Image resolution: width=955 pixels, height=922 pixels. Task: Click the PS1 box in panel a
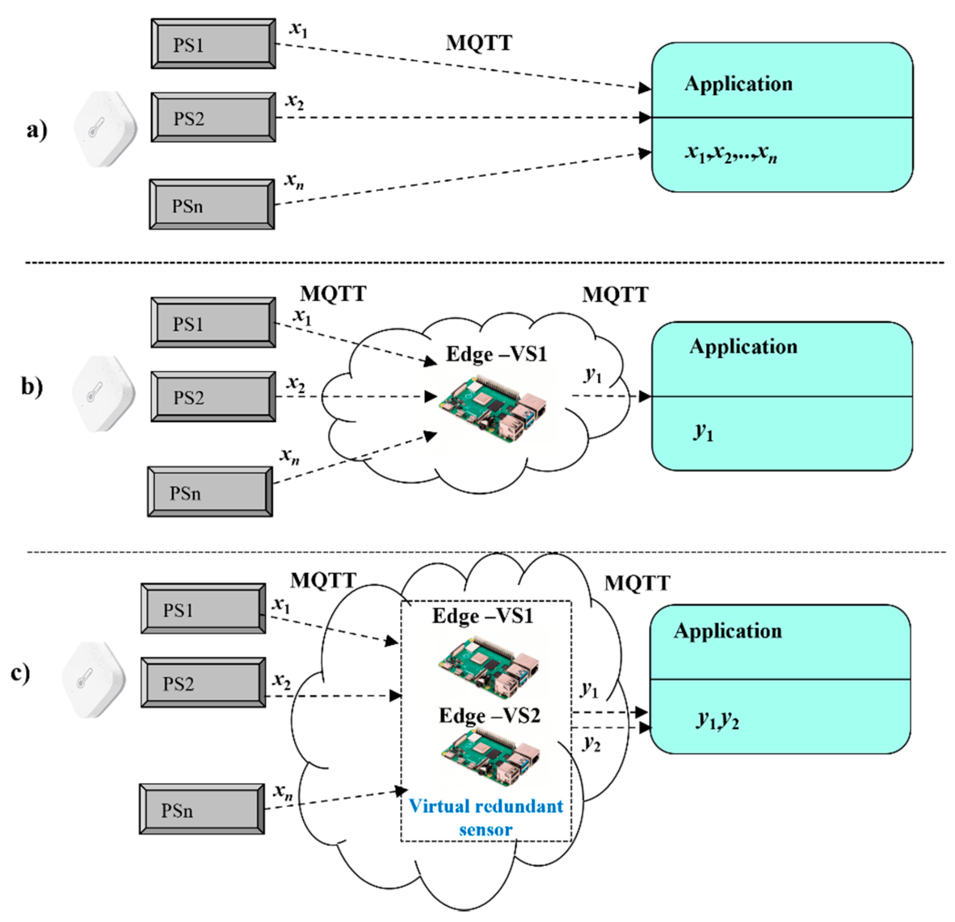[213, 44]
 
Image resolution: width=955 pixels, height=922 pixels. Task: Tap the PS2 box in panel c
[203, 682]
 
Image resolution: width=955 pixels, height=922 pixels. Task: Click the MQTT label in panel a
[479, 43]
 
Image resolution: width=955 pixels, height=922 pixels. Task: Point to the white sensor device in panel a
[105, 129]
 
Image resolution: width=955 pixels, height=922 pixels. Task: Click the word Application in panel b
[743, 346]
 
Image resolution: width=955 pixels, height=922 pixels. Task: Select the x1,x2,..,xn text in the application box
[731, 154]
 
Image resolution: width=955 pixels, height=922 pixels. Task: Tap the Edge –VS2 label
[489, 716]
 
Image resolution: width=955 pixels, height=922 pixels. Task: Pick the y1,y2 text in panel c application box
[718, 720]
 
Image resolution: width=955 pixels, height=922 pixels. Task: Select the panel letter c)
[21, 673]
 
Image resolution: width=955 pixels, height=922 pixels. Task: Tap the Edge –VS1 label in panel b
[496, 354]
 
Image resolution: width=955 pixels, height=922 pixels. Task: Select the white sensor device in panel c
[94, 680]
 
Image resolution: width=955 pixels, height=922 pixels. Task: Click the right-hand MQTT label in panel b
[615, 295]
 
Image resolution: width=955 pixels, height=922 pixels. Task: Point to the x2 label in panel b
[296, 384]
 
